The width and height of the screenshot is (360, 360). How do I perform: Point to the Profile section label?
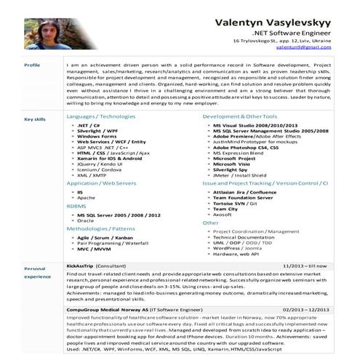coord(32,65)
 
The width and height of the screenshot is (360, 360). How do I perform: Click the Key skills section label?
coord(35,119)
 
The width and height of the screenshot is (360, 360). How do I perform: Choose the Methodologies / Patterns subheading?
coord(101,228)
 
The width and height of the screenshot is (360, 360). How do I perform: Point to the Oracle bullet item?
coord(86,220)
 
